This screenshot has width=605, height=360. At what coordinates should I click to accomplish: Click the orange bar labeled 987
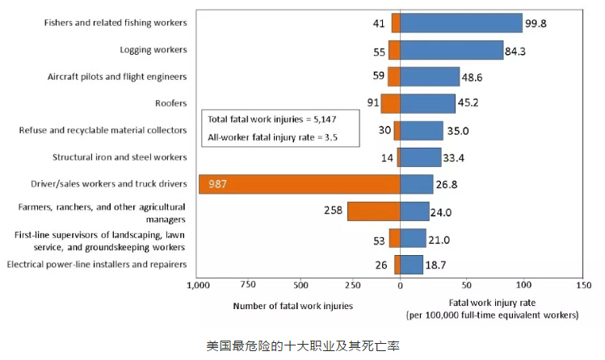tap(299, 184)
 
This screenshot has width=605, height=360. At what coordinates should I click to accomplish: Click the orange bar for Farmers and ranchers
tap(374, 211)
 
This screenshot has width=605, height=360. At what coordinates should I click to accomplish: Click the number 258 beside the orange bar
tap(332, 211)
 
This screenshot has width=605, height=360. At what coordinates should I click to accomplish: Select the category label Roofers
tap(171, 103)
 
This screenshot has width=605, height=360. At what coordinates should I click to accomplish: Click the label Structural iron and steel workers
tap(120, 157)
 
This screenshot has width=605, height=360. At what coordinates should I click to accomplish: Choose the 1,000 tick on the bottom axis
tap(198, 285)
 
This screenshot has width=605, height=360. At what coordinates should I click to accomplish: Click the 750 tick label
tap(249, 285)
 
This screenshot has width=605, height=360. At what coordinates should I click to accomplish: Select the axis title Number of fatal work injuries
tap(292, 306)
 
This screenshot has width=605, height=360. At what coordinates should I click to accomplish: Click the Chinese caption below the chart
tap(302, 345)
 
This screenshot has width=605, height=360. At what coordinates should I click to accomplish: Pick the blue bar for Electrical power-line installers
tap(411, 265)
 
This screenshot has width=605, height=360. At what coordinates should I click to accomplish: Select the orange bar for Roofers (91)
tap(390, 103)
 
